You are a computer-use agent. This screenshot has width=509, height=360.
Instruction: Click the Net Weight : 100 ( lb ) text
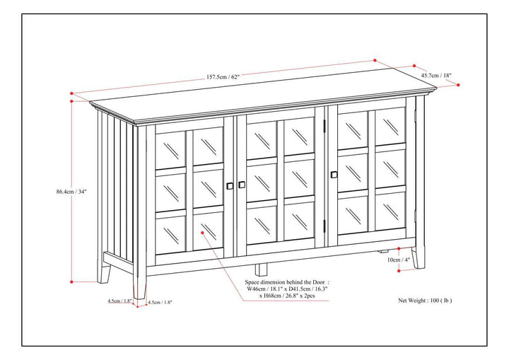coord(424,300)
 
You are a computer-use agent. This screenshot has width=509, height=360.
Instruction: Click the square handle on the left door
coord(229,186)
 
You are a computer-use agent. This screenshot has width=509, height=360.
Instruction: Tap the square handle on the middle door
coord(242,185)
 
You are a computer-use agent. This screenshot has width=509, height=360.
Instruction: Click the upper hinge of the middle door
coord(326,126)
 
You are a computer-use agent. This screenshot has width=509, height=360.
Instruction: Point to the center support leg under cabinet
coord(262,269)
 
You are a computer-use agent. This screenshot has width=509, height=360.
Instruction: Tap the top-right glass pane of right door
coord(390,126)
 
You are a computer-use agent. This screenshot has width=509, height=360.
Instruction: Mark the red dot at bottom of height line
coord(71,281)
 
